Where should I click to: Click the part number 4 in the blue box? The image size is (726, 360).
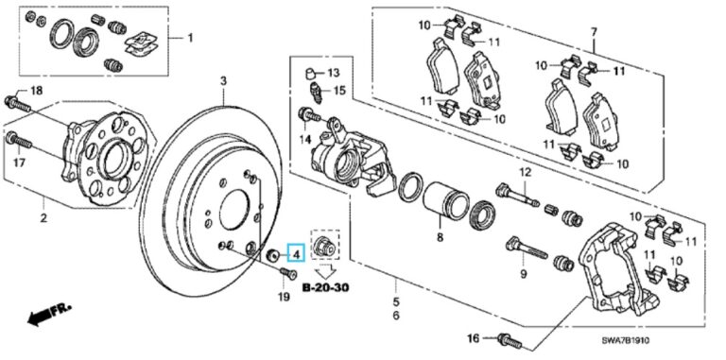[x=296, y=253]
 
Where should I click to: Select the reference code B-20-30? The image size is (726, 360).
[x=325, y=288]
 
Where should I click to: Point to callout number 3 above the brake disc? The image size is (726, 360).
[x=223, y=82]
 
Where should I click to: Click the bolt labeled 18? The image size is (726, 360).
[x=18, y=105]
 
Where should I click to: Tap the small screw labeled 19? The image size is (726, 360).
[x=289, y=275]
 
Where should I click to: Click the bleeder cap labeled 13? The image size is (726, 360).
[x=311, y=73]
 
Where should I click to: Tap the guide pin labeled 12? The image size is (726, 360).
[x=517, y=196]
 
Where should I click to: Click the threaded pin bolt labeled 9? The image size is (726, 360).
[x=527, y=249]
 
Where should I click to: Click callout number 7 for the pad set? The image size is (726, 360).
[x=594, y=32]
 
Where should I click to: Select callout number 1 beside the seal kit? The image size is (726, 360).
[x=190, y=38]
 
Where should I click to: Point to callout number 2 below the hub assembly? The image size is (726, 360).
[x=43, y=218]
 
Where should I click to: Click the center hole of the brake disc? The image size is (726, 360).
[x=234, y=212]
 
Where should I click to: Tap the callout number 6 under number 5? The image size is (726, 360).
[x=396, y=316]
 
